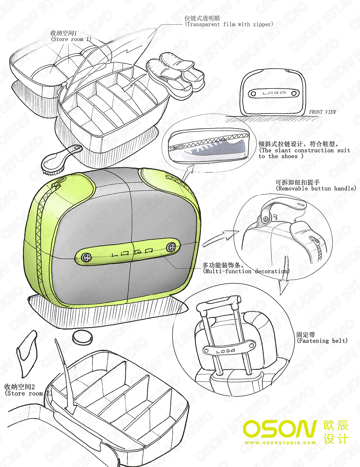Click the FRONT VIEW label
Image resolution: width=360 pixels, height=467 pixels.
322,112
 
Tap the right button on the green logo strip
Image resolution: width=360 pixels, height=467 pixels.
172,247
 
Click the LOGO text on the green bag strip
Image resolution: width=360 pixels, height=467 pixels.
132,252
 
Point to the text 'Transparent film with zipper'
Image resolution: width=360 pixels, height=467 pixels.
229,24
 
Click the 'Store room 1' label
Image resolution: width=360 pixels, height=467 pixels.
71,39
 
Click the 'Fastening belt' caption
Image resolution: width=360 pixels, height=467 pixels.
322,341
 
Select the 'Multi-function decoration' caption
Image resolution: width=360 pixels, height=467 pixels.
246,271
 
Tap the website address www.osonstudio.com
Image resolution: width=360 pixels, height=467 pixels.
280,443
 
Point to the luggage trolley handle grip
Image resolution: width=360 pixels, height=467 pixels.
219,303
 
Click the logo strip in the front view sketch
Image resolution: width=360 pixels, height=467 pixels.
273,93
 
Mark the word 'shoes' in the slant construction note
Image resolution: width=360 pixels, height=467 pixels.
289,156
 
